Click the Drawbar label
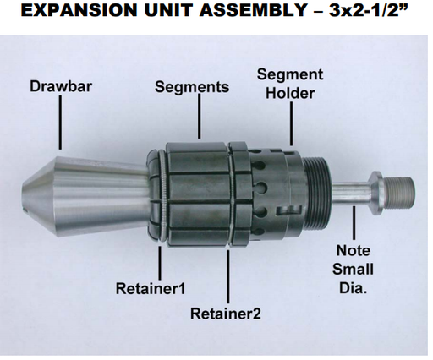click(x=60, y=86)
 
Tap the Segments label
click(x=192, y=87)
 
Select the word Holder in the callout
click(x=290, y=93)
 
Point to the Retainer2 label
click(x=226, y=314)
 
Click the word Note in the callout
click(x=353, y=250)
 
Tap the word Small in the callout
click(x=353, y=269)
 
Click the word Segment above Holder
click(x=290, y=74)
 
